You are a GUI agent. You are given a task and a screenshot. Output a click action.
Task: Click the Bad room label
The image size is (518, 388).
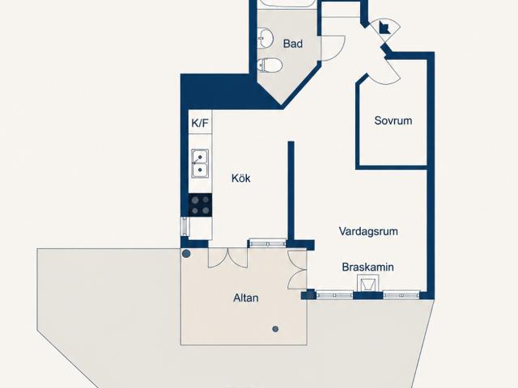pos(293,44)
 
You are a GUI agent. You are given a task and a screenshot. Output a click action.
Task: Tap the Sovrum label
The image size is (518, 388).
pos(393,120)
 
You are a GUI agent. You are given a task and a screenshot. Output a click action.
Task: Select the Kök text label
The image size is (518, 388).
pos(241,178)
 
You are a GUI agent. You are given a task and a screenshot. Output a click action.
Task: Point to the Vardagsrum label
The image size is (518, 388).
pos(368,231)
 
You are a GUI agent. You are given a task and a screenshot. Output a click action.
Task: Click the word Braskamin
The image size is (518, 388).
pos(367,267)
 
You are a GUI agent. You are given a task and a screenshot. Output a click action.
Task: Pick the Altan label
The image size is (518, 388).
pos(246,298)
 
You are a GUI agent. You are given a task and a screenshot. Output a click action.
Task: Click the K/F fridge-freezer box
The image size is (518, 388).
pos(200,122)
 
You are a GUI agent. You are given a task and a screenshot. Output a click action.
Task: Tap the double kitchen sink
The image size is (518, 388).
pos(200,163)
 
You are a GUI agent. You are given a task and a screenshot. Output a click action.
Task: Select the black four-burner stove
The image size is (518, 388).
pos(200,205)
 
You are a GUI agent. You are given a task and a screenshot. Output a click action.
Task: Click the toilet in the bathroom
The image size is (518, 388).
pos(270,65)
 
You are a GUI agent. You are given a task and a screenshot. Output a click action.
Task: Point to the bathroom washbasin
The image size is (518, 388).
pos(265,37)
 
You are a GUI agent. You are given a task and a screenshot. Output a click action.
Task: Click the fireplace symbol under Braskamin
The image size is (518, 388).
pos(368,284)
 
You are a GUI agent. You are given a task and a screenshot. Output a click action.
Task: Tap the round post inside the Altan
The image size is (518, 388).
pos(275,329)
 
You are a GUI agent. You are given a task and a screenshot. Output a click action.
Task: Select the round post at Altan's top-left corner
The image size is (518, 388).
pos(186,253)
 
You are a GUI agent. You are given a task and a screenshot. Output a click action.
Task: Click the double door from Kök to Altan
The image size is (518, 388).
pos(227,257)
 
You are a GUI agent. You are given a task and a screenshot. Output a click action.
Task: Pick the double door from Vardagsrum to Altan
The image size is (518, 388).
pos(297,270)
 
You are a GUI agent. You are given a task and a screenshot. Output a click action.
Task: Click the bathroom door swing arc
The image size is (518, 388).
pos(333,48)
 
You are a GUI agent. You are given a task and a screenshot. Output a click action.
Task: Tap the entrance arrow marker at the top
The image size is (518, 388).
pos(384,27)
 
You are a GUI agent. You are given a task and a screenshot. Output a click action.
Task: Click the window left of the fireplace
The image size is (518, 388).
pos(334,294)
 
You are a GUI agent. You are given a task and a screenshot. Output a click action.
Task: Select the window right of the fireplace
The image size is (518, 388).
pos(401,294)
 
